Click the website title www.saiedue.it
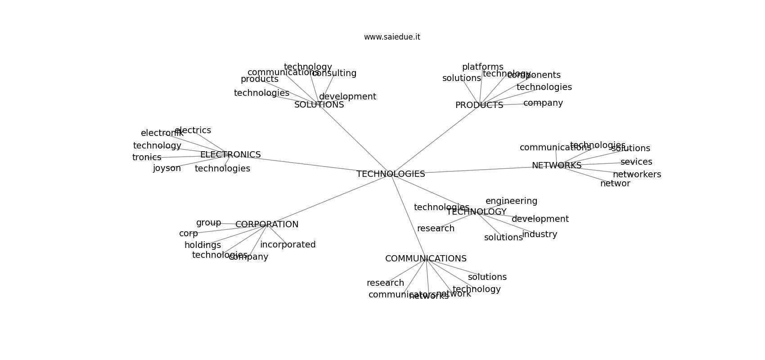[392, 37]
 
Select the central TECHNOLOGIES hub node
[391, 174]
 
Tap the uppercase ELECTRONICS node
[230, 155]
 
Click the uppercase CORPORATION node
[267, 225]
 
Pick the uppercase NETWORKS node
[557, 166]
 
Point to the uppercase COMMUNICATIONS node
[426, 259]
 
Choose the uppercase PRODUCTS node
[479, 105]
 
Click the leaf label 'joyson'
[167, 168]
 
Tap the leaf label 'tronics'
[147, 157]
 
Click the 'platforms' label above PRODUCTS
[483, 67]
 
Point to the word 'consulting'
[334, 73]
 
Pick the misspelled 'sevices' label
[636, 162]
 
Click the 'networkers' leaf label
[637, 175]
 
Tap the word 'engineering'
[511, 201]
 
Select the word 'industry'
[540, 234]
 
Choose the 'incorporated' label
[288, 245]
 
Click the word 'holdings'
[202, 245]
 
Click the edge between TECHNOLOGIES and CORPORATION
[328, 199]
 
